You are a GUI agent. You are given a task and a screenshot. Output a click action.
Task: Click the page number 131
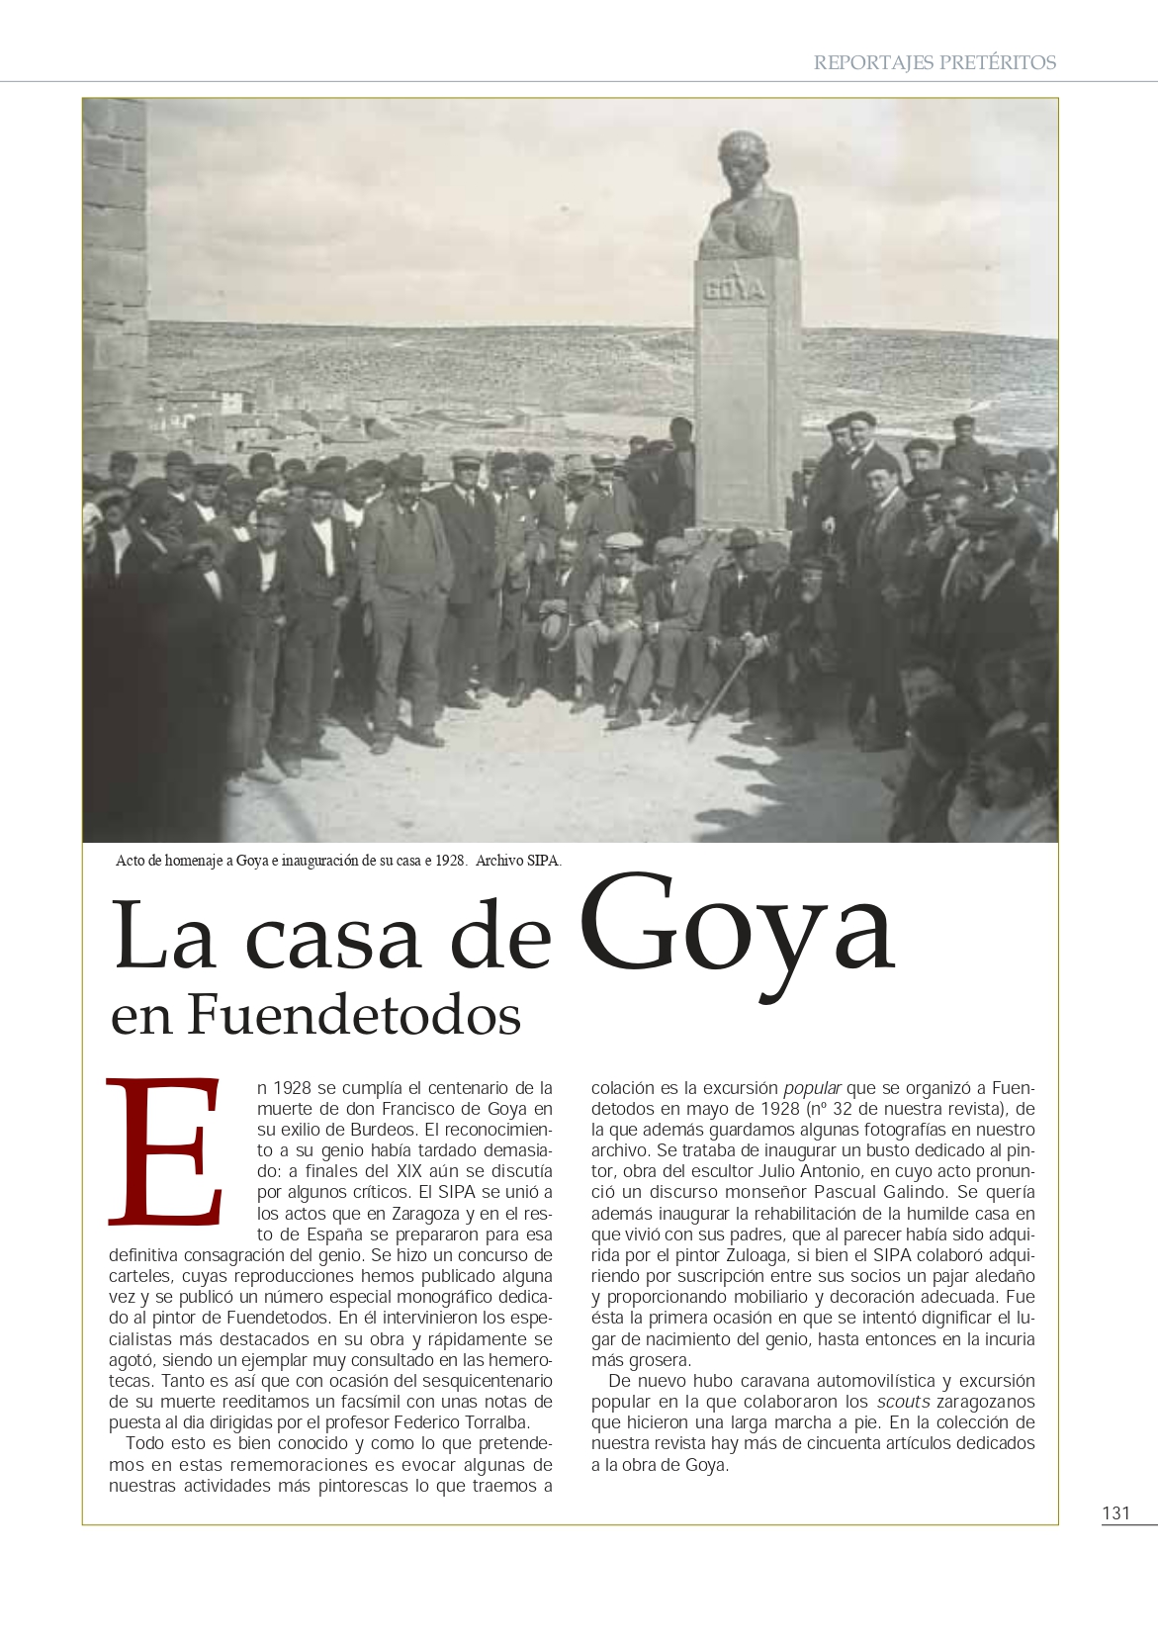coord(1115,1512)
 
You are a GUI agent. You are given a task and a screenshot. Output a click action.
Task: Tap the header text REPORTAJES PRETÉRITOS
coord(935,62)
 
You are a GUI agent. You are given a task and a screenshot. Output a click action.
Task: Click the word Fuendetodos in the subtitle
coord(354,1016)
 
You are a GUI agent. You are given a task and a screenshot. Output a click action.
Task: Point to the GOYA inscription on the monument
coord(734,290)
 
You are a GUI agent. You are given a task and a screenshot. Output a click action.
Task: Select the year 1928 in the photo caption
coord(451,861)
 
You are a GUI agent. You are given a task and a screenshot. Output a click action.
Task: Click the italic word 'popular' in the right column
coord(812,1088)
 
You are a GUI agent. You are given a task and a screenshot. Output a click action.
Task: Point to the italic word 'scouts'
coord(903,1402)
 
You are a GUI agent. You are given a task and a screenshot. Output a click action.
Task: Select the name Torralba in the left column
coord(497,1422)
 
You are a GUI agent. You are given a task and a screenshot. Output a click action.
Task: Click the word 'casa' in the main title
coord(333,937)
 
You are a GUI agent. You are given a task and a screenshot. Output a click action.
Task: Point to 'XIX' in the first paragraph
coord(408,1171)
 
